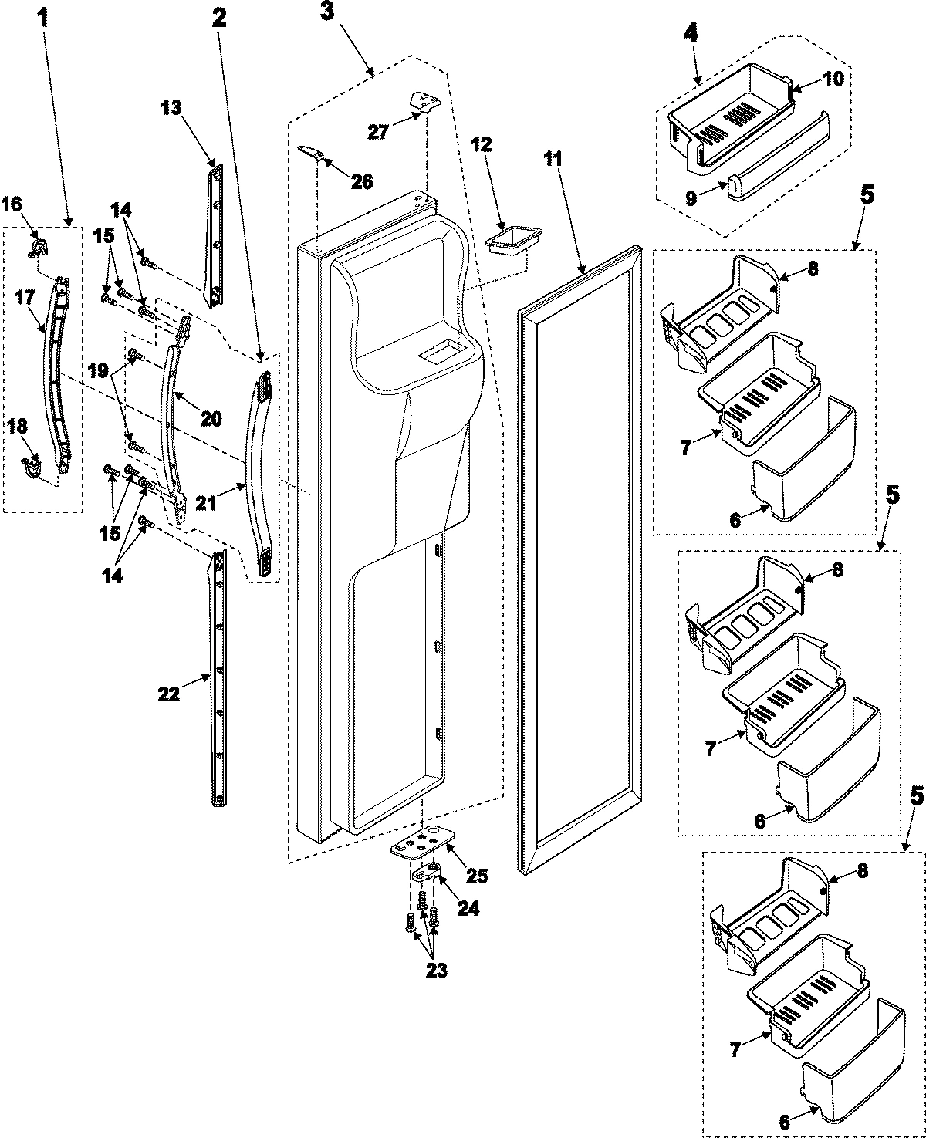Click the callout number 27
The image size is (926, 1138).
[377, 131]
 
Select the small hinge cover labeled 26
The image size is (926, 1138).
[309, 152]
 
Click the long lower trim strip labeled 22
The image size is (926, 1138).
[221, 679]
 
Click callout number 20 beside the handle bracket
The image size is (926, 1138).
[211, 418]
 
